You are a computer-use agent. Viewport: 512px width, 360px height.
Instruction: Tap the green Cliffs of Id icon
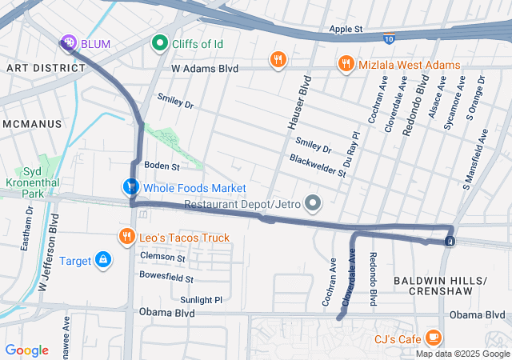click(159, 43)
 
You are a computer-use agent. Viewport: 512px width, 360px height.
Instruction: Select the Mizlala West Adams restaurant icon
click(346, 64)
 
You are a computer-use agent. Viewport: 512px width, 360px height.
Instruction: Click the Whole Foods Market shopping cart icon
click(130, 187)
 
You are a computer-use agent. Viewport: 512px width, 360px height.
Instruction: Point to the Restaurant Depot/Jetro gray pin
click(312, 204)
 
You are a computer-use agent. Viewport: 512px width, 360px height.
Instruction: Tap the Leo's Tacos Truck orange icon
click(126, 237)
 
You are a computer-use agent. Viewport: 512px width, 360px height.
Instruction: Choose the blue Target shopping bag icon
click(103, 260)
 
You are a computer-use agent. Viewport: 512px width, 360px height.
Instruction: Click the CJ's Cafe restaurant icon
click(433, 338)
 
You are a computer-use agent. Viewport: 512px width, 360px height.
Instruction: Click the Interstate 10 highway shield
click(389, 38)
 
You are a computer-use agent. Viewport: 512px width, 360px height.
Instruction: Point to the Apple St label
click(346, 30)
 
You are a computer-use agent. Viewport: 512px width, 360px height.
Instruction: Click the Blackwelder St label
click(318, 166)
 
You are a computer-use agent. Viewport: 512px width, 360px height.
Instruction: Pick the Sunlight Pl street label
click(201, 300)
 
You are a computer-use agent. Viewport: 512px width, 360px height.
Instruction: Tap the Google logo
click(26, 350)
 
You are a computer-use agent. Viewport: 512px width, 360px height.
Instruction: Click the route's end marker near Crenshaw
click(450, 241)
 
